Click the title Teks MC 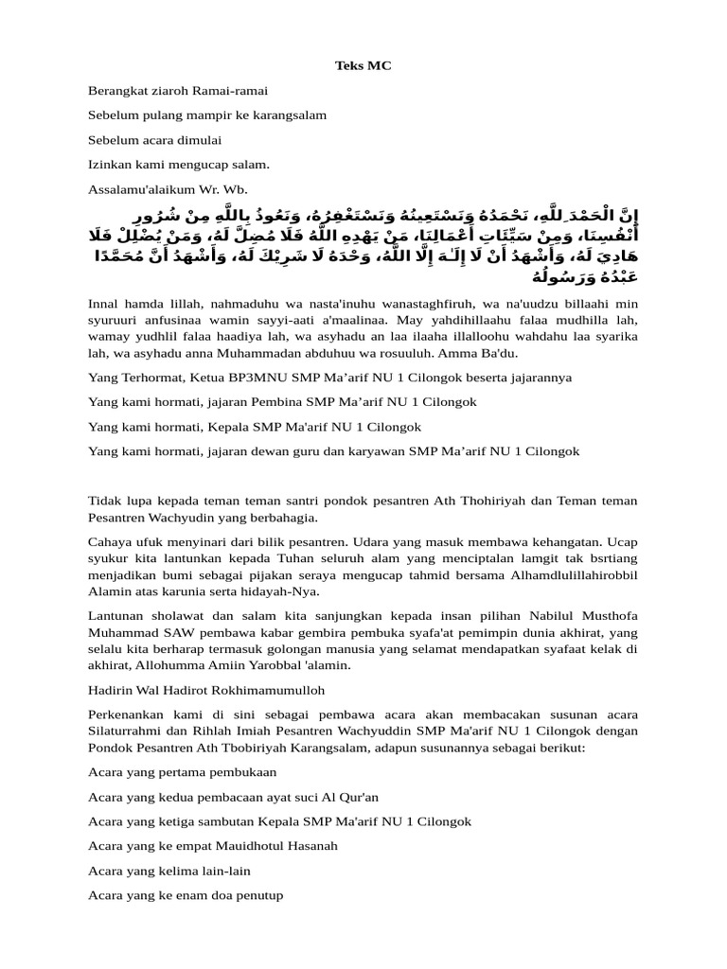[363, 65]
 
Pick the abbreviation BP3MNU [269, 377]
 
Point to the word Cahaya [107, 542]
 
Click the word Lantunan [113, 616]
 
